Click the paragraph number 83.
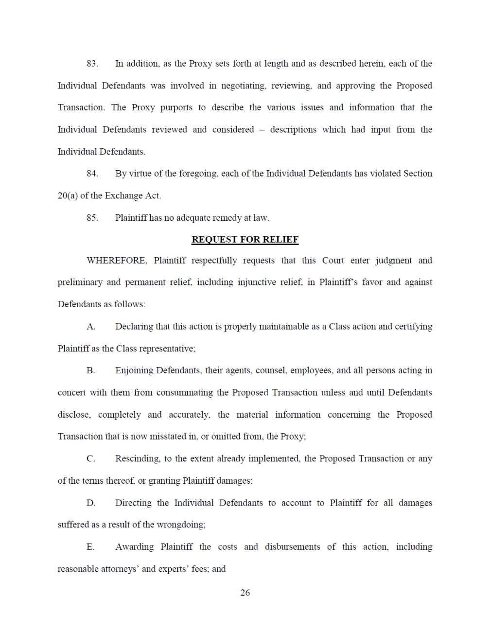click(92, 64)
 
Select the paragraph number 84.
click(92, 174)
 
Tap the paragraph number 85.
click(92, 218)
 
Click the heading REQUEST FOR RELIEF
click(245, 240)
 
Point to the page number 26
click(245, 593)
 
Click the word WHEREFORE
click(117, 261)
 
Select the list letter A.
click(91, 327)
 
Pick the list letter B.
click(91, 370)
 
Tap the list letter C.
click(91, 459)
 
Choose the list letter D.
click(91, 503)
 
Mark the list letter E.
click(91, 547)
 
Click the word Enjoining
click(134, 370)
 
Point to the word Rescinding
click(137, 459)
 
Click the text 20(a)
click(68, 196)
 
